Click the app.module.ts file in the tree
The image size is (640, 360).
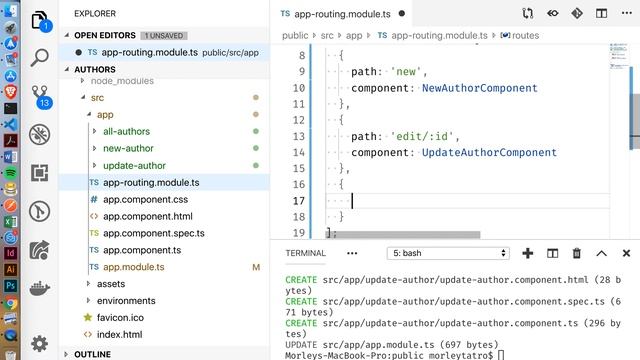(x=133, y=267)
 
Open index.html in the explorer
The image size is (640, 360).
(x=119, y=334)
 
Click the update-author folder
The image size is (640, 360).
(x=134, y=165)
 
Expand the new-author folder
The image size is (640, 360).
(x=128, y=148)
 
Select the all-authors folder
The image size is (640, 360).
(x=127, y=131)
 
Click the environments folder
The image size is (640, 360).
(x=126, y=300)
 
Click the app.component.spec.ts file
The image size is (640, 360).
(x=153, y=233)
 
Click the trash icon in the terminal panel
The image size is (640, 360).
(x=577, y=253)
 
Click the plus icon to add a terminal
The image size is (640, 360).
(x=527, y=253)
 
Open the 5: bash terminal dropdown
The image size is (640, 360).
(x=449, y=253)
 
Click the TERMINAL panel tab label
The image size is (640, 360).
(x=306, y=253)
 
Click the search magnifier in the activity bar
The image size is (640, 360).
(x=40, y=58)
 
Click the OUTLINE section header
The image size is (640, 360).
(x=92, y=353)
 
